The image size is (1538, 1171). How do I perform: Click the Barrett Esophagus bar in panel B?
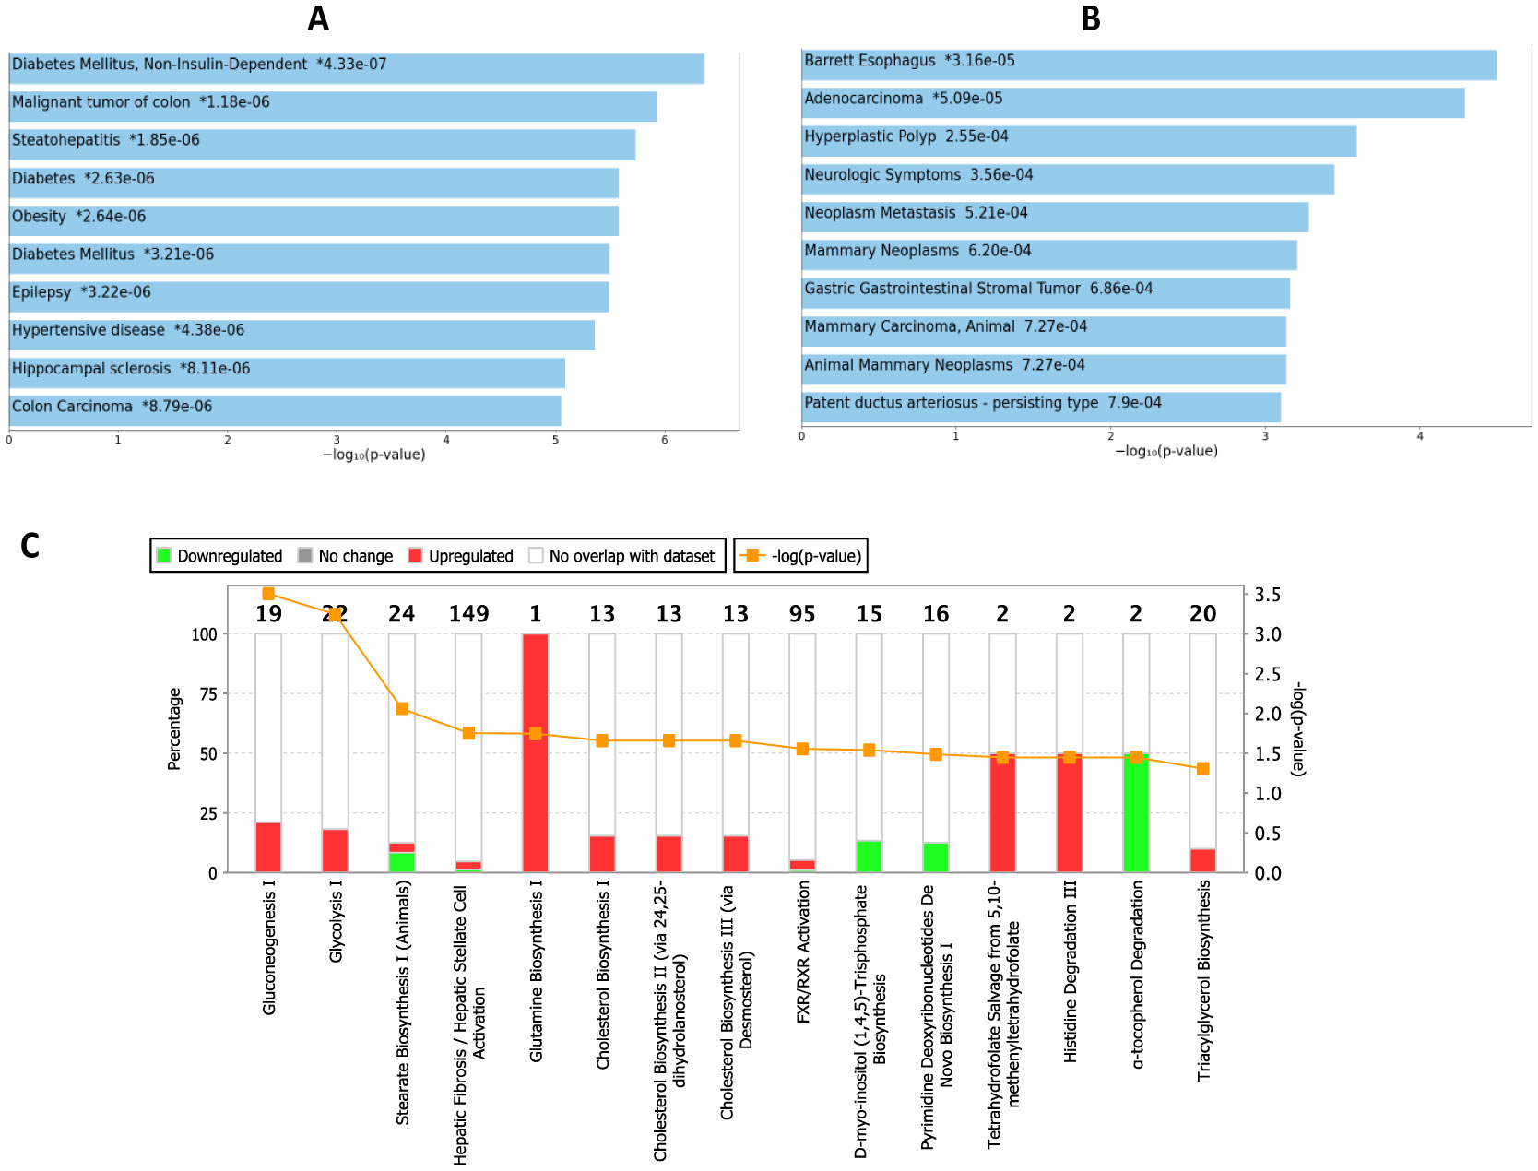click(x=1148, y=65)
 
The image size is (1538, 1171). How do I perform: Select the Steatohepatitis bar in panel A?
click(x=322, y=145)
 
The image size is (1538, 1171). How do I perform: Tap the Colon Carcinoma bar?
click(x=285, y=411)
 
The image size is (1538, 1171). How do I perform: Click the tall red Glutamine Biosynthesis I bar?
click(x=535, y=752)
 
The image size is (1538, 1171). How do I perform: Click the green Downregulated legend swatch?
click(x=164, y=555)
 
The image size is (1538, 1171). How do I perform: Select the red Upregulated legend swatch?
click(x=415, y=555)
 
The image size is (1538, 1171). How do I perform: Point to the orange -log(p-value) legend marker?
click(x=752, y=555)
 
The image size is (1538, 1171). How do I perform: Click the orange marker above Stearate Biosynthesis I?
click(x=402, y=709)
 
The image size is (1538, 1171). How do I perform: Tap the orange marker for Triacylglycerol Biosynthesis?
click(x=1202, y=769)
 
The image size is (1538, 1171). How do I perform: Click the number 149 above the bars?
click(x=468, y=614)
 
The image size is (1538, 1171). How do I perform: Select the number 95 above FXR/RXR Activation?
click(x=802, y=614)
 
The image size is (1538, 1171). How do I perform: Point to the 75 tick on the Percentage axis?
click(x=208, y=694)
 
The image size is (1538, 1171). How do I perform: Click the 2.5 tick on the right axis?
click(x=1267, y=674)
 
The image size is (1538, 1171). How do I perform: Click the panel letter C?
click(x=30, y=546)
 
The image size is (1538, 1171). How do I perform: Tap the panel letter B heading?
click(x=1091, y=18)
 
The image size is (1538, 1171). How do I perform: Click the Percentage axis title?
click(x=174, y=728)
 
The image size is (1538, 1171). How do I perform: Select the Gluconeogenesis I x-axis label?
click(x=269, y=947)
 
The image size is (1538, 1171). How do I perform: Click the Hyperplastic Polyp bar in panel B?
click(x=1079, y=142)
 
